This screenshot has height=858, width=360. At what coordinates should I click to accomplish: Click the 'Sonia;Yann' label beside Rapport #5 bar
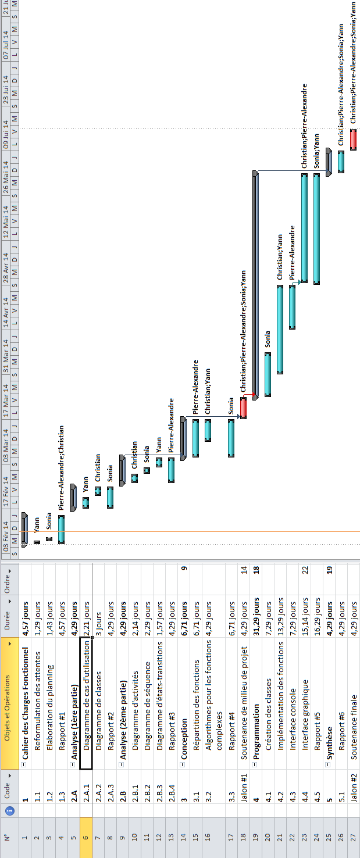pos(317,151)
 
